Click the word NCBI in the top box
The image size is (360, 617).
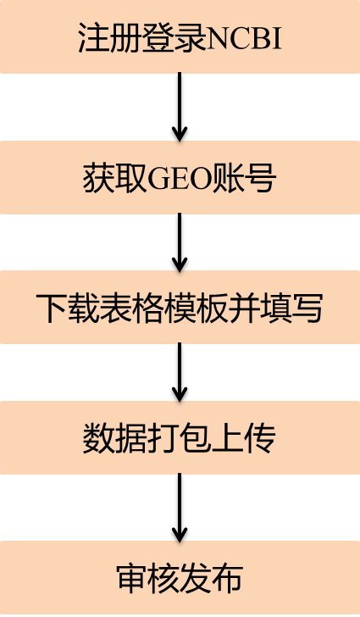244,38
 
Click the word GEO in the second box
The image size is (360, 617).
179,179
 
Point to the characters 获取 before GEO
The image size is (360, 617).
115,179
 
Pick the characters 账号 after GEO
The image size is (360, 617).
243,179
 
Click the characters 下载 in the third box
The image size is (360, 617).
68,308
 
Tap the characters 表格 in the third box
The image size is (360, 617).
132,308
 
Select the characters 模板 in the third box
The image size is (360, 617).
196,308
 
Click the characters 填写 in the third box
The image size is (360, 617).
291,308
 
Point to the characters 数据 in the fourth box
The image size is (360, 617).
115,438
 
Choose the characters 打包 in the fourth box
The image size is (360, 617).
180,438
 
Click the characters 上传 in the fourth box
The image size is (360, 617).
244,438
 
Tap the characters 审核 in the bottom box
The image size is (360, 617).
148,578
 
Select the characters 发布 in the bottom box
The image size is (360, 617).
212,578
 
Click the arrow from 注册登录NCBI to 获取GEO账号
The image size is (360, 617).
180,107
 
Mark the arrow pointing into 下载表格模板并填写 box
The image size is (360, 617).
180,242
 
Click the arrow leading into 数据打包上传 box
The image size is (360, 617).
180,372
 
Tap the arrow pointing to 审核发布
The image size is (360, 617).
180,508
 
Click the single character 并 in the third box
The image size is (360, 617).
243,308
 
